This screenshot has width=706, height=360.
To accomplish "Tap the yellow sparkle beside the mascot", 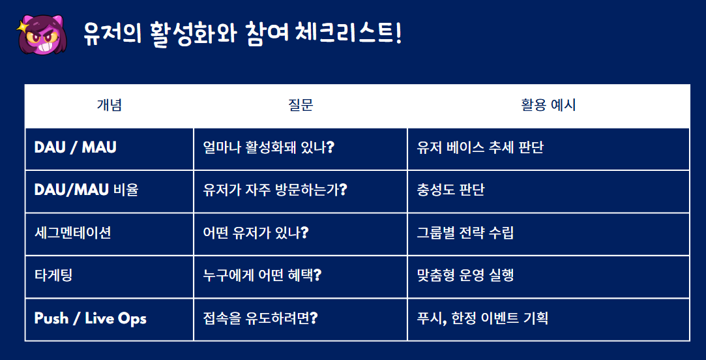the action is [x=22, y=27].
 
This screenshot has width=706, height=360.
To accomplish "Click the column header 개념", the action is [x=110, y=105].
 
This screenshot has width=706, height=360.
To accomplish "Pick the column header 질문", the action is [x=301, y=105].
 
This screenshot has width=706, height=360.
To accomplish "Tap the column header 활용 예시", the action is [x=548, y=105].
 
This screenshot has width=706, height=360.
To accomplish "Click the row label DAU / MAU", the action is [x=75, y=147].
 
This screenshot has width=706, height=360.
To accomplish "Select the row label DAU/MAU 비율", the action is [x=87, y=190].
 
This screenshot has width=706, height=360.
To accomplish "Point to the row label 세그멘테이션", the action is [x=72, y=233].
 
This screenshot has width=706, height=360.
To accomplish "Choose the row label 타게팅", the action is [x=53, y=275].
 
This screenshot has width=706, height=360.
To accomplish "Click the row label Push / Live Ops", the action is [x=91, y=318].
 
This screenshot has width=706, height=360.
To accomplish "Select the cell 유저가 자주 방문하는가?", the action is [x=275, y=190].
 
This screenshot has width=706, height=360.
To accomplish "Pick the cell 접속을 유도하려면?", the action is [x=260, y=318].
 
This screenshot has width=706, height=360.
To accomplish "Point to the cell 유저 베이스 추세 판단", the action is [x=480, y=147].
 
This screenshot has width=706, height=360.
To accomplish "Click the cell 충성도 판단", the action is [x=450, y=190].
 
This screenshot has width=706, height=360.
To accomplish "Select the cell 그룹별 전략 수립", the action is [x=465, y=233].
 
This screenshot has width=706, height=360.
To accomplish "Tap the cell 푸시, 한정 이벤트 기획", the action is [x=482, y=318].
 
